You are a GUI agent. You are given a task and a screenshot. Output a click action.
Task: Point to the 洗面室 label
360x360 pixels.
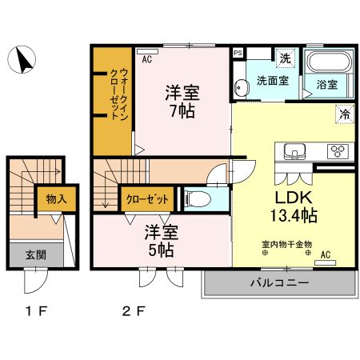click(x=273, y=81)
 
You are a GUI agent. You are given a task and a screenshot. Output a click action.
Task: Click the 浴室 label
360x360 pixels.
click(x=326, y=82)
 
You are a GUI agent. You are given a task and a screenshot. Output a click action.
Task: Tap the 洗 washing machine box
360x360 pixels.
click(x=285, y=58)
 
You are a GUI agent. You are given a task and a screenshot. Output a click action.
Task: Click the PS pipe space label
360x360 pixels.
click(x=238, y=53)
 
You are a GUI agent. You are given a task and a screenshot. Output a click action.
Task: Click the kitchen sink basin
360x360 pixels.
click(x=294, y=150)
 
